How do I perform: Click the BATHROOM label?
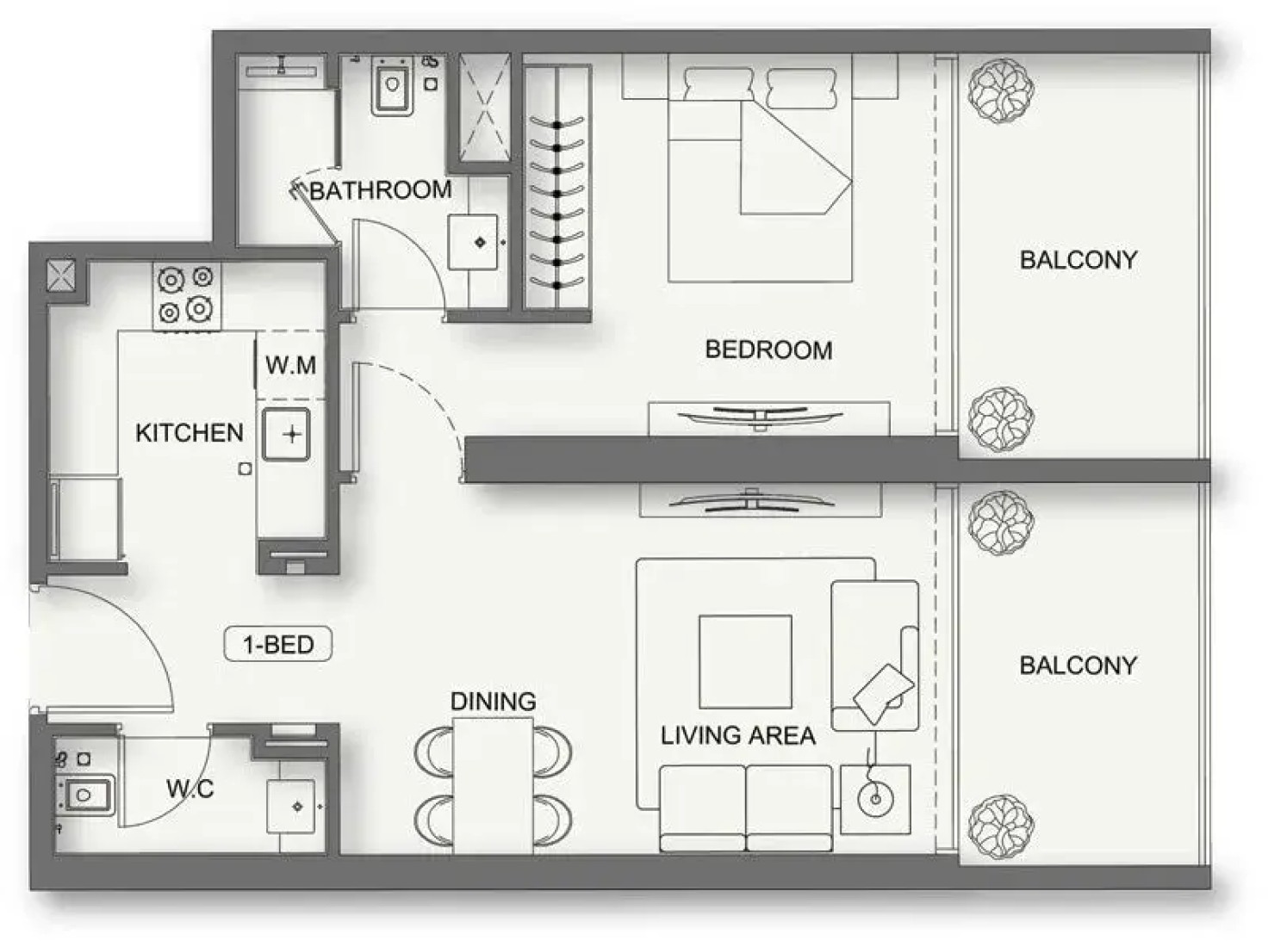click(x=381, y=190)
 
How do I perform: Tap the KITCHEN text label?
click(x=190, y=433)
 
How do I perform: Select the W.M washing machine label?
click(x=290, y=365)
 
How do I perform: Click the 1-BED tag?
click(x=278, y=644)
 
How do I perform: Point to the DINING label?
click(x=494, y=701)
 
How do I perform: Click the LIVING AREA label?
click(x=738, y=736)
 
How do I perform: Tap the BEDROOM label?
click(x=769, y=350)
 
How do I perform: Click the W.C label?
click(x=190, y=789)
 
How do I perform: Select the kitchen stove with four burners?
click(x=187, y=297)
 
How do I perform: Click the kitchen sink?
click(x=286, y=434)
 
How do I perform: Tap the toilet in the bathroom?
click(x=393, y=85)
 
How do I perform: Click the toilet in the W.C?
click(x=85, y=795)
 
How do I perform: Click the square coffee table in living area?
click(x=745, y=661)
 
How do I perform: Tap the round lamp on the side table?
click(x=875, y=799)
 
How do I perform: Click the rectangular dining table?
click(x=493, y=785)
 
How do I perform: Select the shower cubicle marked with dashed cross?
click(x=485, y=108)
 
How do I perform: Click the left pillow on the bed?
click(x=718, y=84)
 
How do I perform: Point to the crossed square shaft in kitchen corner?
click(x=60, y=275)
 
